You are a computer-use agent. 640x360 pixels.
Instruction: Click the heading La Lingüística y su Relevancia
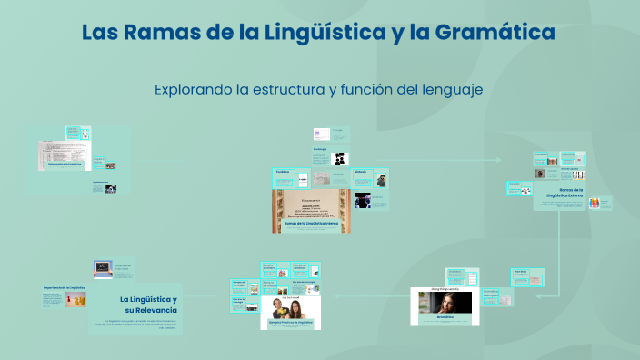tap(149, 305)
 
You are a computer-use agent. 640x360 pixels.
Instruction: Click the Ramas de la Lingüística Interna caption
tap(312, 223)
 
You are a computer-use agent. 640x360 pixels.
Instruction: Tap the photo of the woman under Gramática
tap(444, 303)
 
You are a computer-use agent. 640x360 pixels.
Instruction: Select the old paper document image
tap(311, 205)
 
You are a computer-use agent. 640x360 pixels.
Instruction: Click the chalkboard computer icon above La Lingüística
tap(103, 269)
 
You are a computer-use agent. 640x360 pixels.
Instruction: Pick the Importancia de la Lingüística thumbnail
tap(64, 296)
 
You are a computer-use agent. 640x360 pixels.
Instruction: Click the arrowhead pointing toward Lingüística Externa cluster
tap(498, 159)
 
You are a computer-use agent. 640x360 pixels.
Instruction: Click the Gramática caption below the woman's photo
tap(444, 318)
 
